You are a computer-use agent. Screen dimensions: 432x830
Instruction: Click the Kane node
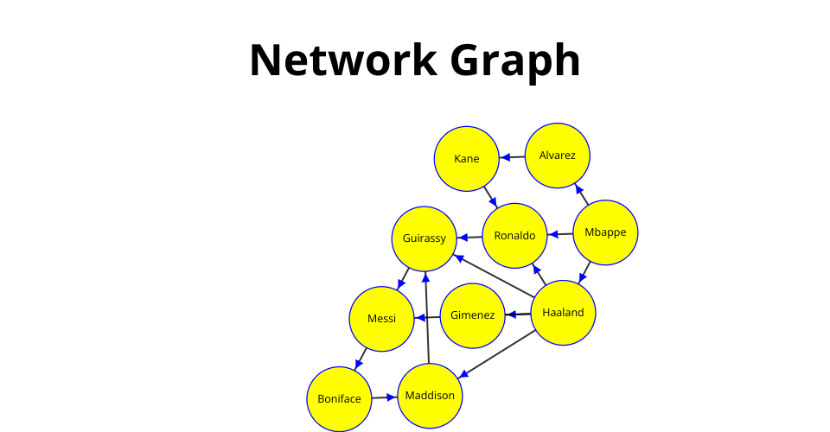(x=466, y=159)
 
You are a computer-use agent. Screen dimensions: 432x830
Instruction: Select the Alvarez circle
(x=558, y=156)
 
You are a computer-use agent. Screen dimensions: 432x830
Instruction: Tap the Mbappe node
(x=605, y=232)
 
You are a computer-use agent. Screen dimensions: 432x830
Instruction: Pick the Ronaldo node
(x=514, y=235)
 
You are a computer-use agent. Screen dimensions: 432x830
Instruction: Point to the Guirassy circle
(x=424, y=238)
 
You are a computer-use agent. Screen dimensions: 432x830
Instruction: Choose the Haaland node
(x=563, y=313)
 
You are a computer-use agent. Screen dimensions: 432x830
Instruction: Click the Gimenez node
(x=472, y=315)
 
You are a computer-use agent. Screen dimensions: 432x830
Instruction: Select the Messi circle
(x=381, y=318)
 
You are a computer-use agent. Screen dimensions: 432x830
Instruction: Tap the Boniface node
(x=339, y=398)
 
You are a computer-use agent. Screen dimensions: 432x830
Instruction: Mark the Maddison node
(x=430, y=396)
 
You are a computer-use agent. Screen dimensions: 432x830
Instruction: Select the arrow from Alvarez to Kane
(x=512, y=157)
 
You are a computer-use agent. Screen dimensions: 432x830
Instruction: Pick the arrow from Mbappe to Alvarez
(x=582, y=194)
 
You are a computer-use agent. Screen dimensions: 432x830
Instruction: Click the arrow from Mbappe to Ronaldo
(x=560, y=233)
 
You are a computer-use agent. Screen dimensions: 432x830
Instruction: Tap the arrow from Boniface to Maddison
(x=385, y=397)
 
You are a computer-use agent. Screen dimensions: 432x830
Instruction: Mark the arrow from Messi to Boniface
(x=360, y=359)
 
